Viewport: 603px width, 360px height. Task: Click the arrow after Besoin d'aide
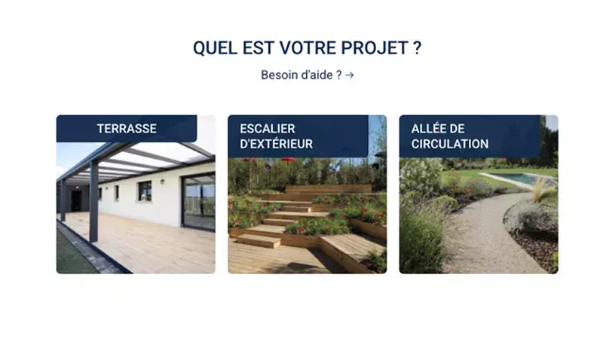pos(350,75)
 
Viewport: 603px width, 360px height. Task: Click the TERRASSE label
pos(127,129)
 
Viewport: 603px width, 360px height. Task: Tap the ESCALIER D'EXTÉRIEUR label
pos(276,136)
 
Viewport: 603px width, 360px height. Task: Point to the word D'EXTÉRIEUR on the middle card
pos(276,144)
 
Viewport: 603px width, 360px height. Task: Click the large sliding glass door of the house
pos(198,201)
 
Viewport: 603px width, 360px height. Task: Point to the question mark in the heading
pos(417,48)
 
